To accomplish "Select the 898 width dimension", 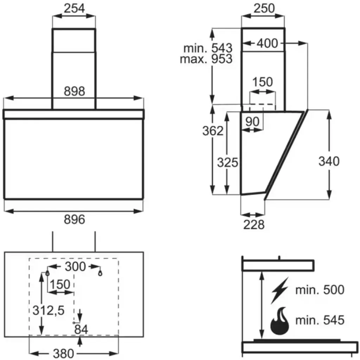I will click(x=75, y=91).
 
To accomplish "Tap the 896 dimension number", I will click(x=75, y=220).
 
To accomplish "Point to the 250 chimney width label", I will click(x=264, y=8).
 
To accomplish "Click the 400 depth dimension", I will click(x=267, y=44).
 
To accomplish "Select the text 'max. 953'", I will click(x=206, y=59).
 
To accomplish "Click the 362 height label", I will click(x=213, y=131).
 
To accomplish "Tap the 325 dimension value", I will click(x=227, y=162).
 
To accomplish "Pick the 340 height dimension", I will click(x=329, y=161).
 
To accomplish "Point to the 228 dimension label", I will click(x=253, y=224).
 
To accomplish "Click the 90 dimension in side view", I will click(x=252, y=122).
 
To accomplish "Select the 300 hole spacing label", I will click(x=75, y=266).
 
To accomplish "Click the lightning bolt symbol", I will click(x=279, y=290).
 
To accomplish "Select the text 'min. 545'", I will click(x=319, y=320).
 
